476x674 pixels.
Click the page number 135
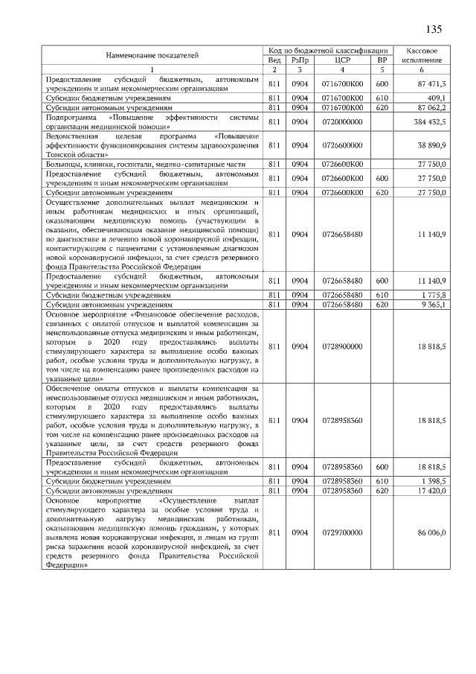tap(434, 29)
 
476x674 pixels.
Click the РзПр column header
tap(300, 60)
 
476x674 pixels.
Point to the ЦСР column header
tap(342, 60)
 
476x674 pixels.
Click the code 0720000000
tap(342, 121)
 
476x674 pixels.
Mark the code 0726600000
tap(342, 145)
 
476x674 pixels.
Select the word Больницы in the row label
tap(65, 163)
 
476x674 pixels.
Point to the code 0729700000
tap(342, 533)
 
